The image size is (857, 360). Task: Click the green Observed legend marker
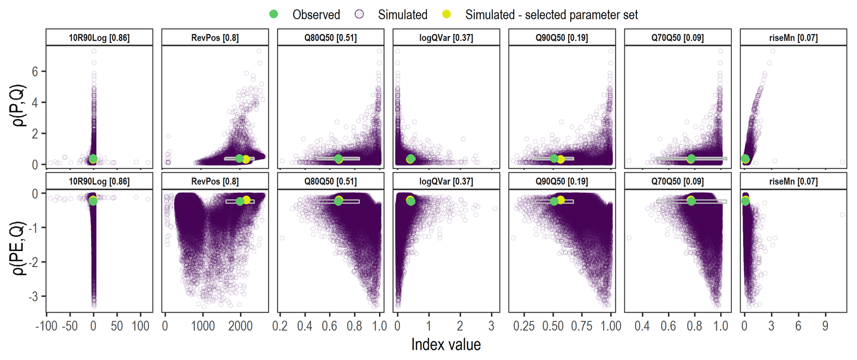tap(273, 14)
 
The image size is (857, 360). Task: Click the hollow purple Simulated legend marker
tap(359, 14)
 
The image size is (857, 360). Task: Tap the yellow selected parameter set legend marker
tap(447, 14)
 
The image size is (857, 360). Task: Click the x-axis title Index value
tap(446, 344)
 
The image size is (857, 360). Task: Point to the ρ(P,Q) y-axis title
tap(19, 105)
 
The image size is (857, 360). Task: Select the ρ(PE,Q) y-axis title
tap(19, 248)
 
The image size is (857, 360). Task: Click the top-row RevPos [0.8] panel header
tap(215, 38)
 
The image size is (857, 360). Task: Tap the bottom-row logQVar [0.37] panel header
tap(446, 181)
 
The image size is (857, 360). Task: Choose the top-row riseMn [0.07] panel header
tap(793, 38)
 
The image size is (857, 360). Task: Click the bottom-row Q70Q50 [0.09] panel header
tap(677, 181)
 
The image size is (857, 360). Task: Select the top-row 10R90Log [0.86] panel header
tap(99, 38)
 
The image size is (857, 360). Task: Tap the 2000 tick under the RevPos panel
tap(240, 326)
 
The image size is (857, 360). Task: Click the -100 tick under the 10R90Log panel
tap(46, 326)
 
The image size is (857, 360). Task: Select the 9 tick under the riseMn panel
tap(825, 326)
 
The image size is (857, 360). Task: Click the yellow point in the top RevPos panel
tap(246, 159)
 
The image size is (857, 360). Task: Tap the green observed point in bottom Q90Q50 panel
tap(554, 202)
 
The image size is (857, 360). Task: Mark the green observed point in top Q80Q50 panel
tap(338, 158)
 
